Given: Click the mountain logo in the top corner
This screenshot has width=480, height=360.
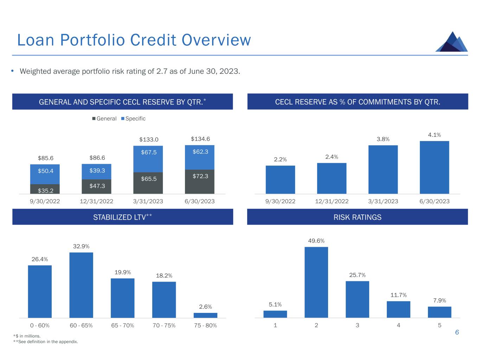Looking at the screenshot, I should pos(452,42).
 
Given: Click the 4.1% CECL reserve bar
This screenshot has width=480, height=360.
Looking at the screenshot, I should pos(434,167).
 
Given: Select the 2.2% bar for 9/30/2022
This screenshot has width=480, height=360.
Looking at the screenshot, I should pos(280,180).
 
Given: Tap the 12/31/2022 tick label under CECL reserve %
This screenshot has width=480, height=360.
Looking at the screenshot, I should pos(332,201).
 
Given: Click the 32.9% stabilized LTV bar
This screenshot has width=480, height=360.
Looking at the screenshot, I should pos(81,285).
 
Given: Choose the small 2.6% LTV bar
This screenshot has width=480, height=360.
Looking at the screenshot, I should pos(205,315).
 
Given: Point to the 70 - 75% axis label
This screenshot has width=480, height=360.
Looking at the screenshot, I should pos(164,326).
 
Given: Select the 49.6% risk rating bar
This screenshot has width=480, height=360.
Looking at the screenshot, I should pos(316,282).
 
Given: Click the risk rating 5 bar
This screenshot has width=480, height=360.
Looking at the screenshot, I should pos(440,312).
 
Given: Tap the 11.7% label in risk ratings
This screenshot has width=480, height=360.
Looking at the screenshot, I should pos(398,295).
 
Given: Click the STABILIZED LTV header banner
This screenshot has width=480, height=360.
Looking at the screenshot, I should pos(122,217).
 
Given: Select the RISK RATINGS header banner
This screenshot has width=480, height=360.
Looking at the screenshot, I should pos(357,217).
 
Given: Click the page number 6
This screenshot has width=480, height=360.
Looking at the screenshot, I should pos(457,332).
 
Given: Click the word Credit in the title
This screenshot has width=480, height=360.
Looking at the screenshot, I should pos(153,40).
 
